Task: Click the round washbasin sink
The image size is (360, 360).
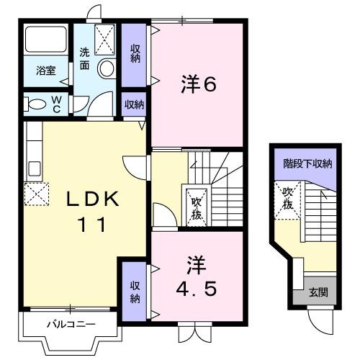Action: tap(106, 69)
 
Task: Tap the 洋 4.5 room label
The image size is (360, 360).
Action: tap(197, 277)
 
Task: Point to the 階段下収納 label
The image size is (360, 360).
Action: tap(307, 164)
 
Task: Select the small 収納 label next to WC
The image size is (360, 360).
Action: tap(134, 105)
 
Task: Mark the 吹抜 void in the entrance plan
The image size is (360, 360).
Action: tap(287, 198)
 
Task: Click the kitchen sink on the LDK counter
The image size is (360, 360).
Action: tap(34, 170)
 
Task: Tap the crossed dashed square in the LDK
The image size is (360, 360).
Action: tap(35, 193)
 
